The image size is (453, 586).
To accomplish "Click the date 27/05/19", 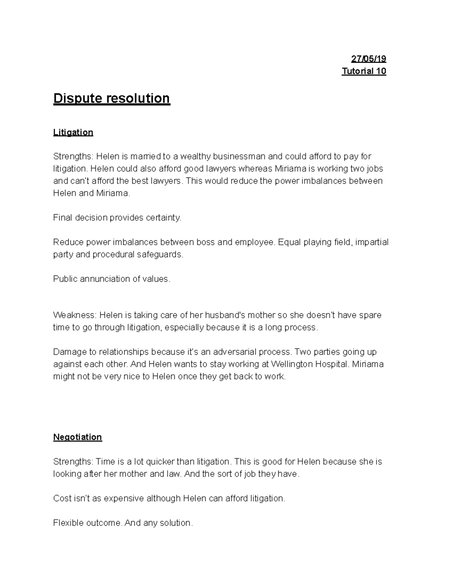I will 368,59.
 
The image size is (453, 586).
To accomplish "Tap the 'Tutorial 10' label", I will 364,71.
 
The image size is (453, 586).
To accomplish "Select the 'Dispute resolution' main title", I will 112,98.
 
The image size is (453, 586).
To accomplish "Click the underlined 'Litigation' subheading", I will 73,132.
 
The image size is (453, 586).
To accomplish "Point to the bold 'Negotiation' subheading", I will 77,437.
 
